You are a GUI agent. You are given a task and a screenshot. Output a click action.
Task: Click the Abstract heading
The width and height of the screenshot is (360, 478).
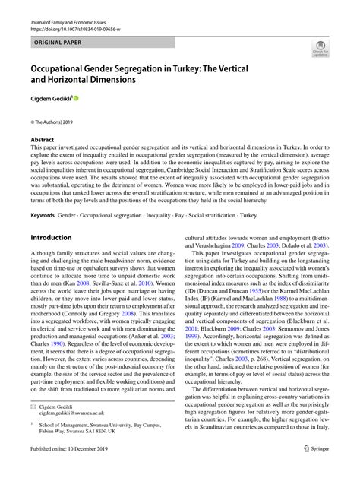tap(43, 141)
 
